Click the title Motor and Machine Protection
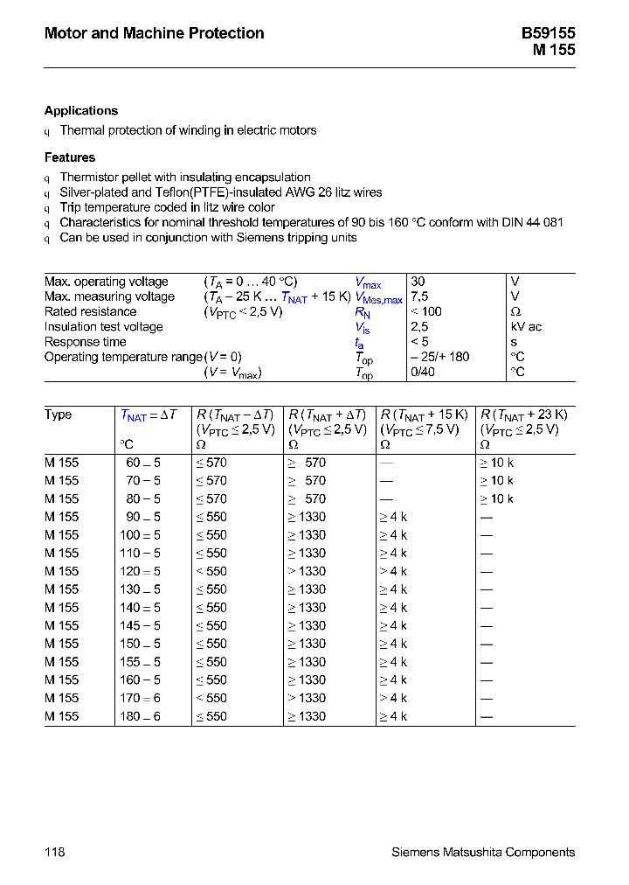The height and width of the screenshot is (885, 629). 154,33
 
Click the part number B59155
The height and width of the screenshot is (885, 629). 548,33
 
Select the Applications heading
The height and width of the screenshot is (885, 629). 81,111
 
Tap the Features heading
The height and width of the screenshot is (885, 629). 70,157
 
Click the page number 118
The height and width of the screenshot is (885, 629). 54,852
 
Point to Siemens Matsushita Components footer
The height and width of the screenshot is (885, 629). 483,852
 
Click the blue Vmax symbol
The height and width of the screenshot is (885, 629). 368,282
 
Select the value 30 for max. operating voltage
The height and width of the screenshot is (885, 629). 418,282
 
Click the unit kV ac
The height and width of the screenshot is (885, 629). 526,327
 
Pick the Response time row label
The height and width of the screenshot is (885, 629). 86,342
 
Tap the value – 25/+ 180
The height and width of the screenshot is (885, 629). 439,357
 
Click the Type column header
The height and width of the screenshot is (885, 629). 59,415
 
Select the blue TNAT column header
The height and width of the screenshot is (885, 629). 149,415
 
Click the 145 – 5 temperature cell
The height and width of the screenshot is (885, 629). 140,625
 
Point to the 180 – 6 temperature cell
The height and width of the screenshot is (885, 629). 140,716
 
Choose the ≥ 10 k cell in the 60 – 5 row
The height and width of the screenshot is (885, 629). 496,463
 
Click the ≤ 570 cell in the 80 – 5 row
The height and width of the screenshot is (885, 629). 211,498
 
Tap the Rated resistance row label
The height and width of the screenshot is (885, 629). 91,312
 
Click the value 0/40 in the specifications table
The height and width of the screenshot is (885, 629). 423,372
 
